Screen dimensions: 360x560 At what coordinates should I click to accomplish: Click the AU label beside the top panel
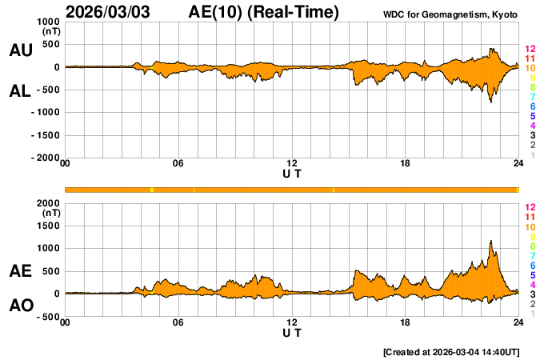pyautogui.click(x=20, y=50)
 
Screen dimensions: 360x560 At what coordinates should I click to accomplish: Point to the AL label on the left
pyautogui.click(x=20, y=91)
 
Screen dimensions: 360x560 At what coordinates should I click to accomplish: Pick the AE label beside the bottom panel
pyautogui.click(x=20, y=271)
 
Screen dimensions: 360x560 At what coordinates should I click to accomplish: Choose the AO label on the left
pyautogui.click(x=20, y=306)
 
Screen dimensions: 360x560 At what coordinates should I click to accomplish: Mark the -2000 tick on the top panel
pyautogui.click(x=45, y=158)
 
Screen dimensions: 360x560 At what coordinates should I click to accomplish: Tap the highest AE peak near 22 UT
pyautogui.click(x=490, y=241)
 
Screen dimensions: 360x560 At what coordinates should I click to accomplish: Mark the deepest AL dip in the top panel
pyautogui.click(x=491, y=102)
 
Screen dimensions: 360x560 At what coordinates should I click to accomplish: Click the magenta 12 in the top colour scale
pyautogui.click(x=529, y=50)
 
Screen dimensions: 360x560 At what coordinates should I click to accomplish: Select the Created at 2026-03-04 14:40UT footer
pyautogui.click(x=452, y=352)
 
